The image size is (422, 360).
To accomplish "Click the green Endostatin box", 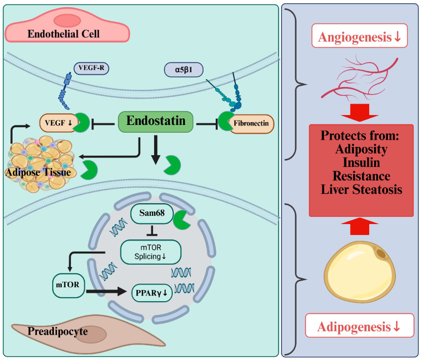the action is point(156,122).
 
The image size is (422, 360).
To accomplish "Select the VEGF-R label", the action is point(91,68).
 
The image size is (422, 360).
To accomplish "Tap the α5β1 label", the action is point(184,70).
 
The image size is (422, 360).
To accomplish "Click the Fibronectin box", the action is point(251,124).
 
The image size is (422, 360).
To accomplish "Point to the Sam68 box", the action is point(152,213).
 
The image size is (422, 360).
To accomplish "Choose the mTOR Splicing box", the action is point(150,252).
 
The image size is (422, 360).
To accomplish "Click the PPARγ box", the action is point(151,293).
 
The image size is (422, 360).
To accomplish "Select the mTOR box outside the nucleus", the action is point(68,285).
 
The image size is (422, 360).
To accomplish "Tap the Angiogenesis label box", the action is point(359,36).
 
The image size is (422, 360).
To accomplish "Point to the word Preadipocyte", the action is point(58,331).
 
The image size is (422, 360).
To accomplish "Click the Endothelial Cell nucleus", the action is point(67,21).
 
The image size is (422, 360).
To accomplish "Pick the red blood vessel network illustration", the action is point(359,78).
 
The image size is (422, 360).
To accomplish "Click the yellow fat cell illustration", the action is point(359,272).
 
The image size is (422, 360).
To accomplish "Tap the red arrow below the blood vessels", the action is point(360,113).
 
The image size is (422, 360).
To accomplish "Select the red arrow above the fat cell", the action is point(360,226).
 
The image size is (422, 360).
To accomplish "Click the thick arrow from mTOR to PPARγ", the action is point(106,291).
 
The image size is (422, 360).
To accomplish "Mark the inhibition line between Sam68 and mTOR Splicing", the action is point(152,231).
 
